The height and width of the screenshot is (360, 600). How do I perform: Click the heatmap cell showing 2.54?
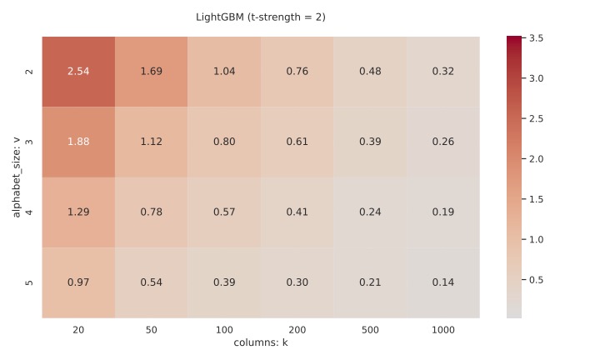pos(78,72)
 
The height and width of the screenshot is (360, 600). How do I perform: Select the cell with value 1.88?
pos(78,142)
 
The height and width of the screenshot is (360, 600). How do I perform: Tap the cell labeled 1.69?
pos(151,72)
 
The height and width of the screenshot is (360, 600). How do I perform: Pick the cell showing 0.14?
pos(442,282)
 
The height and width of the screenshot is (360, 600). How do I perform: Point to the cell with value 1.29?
pos(78,212)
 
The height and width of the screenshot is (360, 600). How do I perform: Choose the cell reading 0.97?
pos(78,282)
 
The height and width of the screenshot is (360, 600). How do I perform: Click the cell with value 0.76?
pos(297,72)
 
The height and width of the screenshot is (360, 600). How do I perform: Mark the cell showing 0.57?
pos(224,212)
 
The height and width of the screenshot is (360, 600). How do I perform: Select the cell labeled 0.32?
pos(442,72)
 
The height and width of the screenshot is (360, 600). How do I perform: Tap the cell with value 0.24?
pos(370,212)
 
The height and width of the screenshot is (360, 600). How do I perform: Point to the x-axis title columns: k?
pos(261,342)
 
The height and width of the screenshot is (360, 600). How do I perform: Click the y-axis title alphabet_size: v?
pos(16,177)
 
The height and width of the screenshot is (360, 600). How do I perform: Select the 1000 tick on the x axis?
pos(442,330)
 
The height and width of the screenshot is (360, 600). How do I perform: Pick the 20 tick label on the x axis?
pos(78,330)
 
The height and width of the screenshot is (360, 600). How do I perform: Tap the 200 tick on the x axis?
pos(297,330)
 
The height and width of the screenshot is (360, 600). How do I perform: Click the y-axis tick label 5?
pos(30,282)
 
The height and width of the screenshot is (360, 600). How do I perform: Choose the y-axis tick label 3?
pos(30,142)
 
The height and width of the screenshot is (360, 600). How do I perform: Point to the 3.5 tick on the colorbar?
pos(537,38)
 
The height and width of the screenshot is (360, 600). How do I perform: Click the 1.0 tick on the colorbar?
pos(537,239)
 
